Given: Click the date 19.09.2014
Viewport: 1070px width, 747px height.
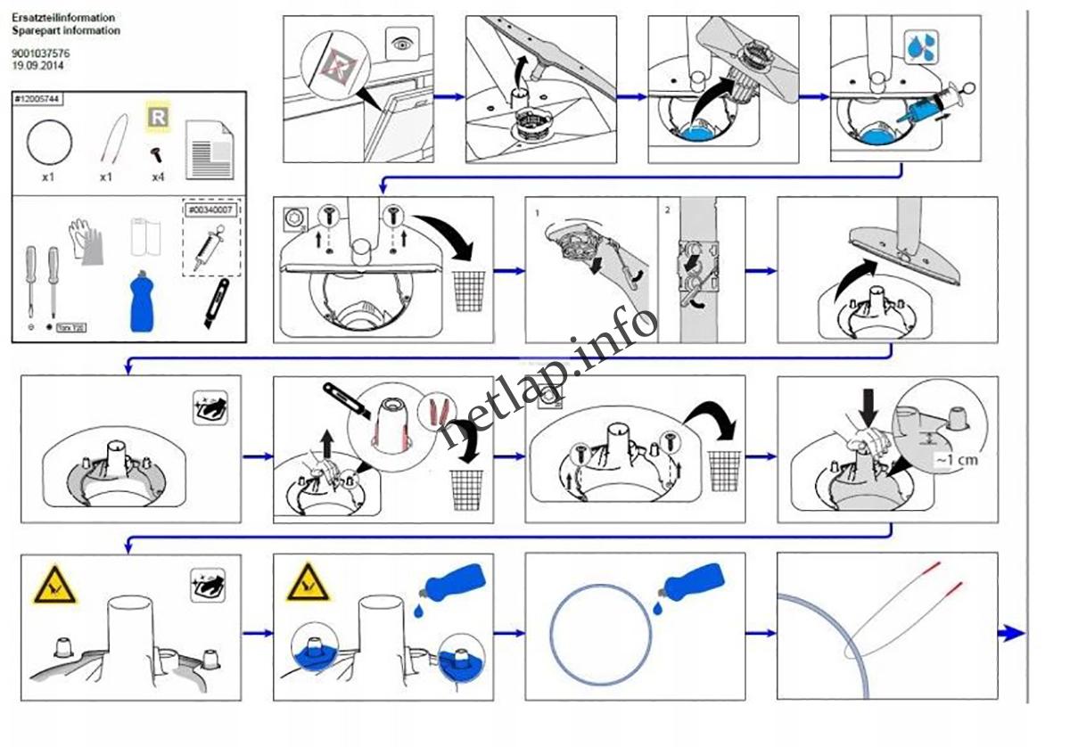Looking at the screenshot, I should [37, 65].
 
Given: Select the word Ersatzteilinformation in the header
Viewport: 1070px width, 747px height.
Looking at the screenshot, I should [63, 18].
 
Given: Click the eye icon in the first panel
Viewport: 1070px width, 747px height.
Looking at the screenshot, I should [403, 42].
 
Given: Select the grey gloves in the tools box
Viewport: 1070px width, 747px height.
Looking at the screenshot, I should [86, 241].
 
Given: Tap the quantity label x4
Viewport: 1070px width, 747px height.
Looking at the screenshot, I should [158, 176].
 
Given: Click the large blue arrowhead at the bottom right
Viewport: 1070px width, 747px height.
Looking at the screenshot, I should [1011, 633].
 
